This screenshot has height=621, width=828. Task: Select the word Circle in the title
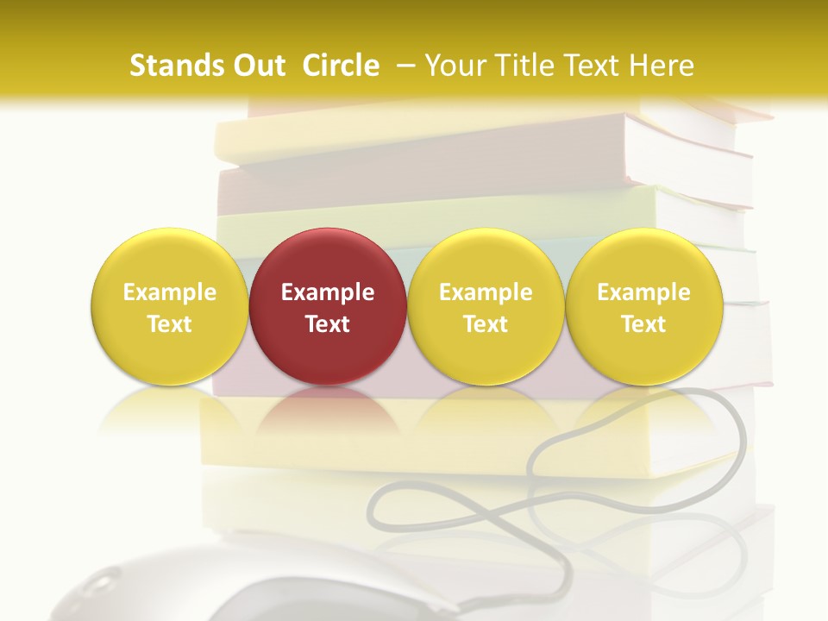click(341, 66)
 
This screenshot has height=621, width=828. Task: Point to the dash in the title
click(402, 66)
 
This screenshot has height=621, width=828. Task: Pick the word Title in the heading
click(517, 66)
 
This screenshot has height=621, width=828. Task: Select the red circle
click(328, 306)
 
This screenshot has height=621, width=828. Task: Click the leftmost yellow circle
click(169, 306)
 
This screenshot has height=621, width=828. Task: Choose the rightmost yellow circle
click(643, 306)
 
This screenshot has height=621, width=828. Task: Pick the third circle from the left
click(486, 306)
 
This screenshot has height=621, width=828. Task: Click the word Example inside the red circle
click(328, 292)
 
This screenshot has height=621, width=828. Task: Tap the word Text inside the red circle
click(328, 324)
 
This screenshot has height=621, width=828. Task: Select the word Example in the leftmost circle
click(169, 292)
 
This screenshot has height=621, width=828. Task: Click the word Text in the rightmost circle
click(643, 324)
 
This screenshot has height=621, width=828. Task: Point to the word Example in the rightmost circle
click(643, 292)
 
